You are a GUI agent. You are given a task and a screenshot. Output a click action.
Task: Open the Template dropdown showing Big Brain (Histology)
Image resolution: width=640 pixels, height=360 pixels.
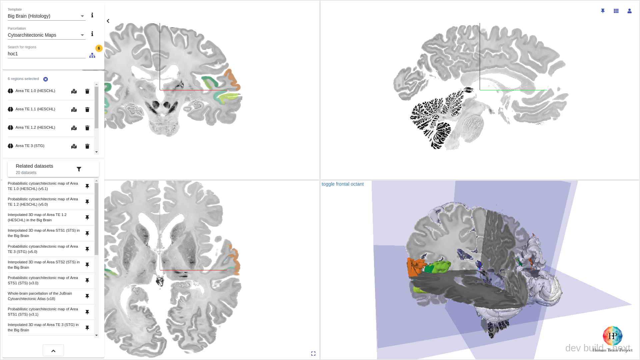[46, 16]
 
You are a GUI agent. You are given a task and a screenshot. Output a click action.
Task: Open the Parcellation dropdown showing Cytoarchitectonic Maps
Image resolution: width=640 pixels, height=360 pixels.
[46, 35]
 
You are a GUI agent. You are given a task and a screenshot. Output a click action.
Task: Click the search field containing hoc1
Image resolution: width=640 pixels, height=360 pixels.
[46, 54]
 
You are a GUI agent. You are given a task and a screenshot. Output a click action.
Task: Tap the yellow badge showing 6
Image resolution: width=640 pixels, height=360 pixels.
[99, 48]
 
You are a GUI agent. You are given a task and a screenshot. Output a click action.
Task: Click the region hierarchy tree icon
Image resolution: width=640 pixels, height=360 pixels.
[92, 55]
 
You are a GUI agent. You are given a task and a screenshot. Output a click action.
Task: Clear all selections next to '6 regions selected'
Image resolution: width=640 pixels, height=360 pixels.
[46, 79]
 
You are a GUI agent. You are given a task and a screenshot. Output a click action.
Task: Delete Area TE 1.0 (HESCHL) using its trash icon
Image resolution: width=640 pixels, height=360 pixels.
[87, 91]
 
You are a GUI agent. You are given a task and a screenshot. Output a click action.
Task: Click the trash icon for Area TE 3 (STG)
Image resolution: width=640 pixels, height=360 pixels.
[87, 146]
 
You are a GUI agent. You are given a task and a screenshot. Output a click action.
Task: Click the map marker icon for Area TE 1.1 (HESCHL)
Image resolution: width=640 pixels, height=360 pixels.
[74, 110]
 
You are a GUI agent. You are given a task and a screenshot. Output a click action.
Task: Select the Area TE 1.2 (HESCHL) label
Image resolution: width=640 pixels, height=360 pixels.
[35, 128]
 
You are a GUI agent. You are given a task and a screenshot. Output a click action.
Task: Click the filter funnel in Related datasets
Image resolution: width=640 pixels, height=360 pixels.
[79, 169]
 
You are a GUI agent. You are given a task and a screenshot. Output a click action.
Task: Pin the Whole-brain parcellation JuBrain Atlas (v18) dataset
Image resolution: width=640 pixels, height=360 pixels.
[87, 296]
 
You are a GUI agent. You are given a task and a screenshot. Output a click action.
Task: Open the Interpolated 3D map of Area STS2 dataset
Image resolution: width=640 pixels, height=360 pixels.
[43, 265]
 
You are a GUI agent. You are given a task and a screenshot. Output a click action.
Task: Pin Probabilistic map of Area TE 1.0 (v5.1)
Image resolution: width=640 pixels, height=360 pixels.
[87, 186]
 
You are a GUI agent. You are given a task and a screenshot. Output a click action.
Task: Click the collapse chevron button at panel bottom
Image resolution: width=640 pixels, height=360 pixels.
[53, 351]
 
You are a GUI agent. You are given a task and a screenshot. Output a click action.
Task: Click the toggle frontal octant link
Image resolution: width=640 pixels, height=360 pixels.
[342, 184]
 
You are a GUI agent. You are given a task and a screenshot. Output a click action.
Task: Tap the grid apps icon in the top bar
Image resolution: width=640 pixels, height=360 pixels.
[616, 11]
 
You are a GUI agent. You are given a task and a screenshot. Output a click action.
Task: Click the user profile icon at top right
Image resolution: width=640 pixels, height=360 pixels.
[629, 11]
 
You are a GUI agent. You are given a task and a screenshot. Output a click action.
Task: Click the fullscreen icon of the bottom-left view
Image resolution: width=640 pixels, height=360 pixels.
[313, 353]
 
